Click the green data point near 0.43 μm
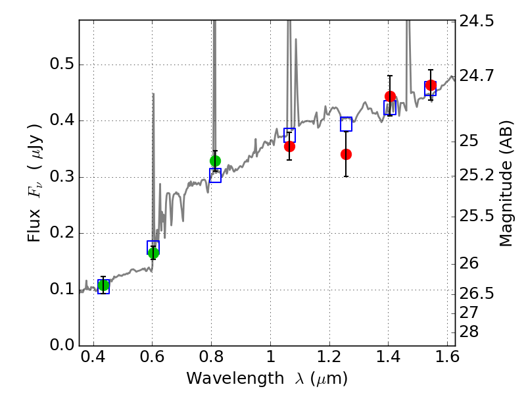pos(104,286)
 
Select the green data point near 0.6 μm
pos(153,253)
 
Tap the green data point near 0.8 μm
pos(216,161)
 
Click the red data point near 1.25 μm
pos(347,155)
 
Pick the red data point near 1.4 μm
pos(390,97)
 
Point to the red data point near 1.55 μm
pos(431,86)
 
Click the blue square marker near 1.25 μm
pos(347,124)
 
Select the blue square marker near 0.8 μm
pos(216,175)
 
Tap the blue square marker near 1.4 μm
pos(390,107)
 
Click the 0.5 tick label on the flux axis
pos(62,64)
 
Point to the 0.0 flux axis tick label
pos(62,345)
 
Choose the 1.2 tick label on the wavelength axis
pos(329,357)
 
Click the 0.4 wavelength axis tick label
pos(93,357)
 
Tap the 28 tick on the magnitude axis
pos(469,332)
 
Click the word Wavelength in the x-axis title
pos(235,379)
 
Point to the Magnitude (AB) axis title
pos(506,184)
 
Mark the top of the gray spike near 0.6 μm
pos(153,93)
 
